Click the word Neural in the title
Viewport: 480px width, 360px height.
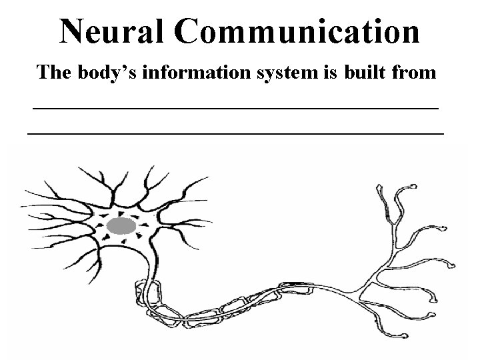(112, 31)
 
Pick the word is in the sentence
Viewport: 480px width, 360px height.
(307, 73)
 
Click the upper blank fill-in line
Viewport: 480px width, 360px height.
(236, 107)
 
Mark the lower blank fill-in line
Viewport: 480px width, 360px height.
(236, 134)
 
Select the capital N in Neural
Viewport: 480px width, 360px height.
(73, 31)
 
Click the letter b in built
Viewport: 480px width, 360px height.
(328, 73)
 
